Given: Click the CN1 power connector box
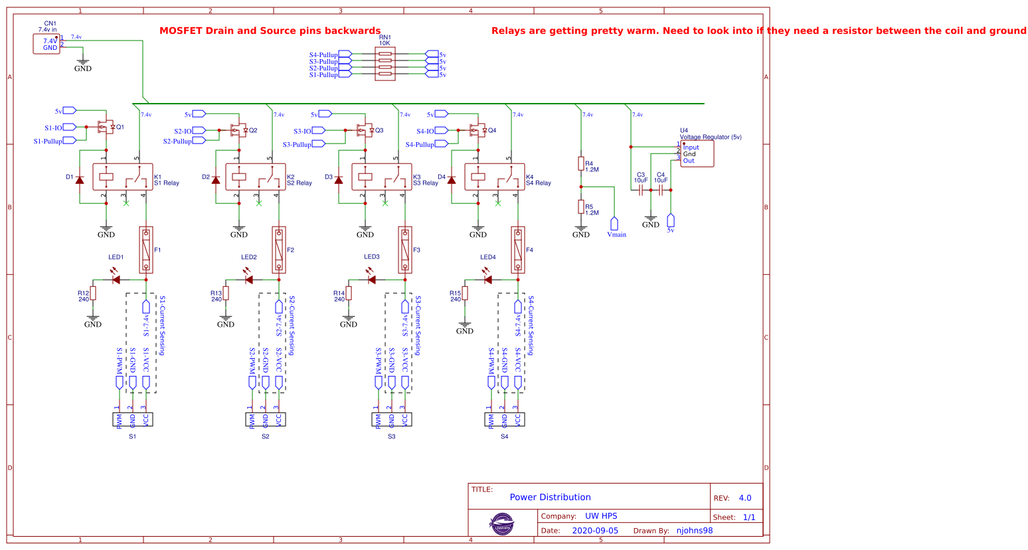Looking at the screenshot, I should pos(46,44).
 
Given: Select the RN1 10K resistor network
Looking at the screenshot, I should pos(385,64).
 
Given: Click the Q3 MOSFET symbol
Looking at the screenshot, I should pos(364,130).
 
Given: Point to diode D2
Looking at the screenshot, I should pos(215,179).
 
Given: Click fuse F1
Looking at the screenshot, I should pos(146,250).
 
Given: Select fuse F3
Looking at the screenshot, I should pos(405,250).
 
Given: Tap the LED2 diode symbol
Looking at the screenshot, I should pos(249,280).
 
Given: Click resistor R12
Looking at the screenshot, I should pos(93,293).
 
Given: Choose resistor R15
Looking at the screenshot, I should pos(465,293).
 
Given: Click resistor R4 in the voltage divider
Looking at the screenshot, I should pos(581,163).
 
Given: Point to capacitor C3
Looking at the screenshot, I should pos(641,190).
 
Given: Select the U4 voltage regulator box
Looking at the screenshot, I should pos(697,153).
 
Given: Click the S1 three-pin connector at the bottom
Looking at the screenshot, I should pos(133,419).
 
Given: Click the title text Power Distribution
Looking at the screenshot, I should pos(550,497).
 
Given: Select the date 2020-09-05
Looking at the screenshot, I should pos(595,531).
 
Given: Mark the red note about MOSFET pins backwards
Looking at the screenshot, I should pos(270,31).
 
